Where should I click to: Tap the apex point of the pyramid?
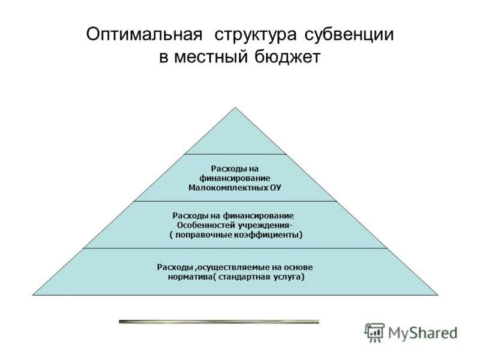[x=235, y=107]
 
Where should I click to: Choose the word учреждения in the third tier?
[x=265, y=225]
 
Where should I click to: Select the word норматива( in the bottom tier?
[x=194, y=277]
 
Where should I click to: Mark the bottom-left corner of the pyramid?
[x=33, y=295]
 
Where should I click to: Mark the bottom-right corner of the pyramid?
[x=438, y=295]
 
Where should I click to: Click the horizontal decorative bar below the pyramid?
[x=219, y=322]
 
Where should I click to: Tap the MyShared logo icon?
[x=374, y=332]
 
